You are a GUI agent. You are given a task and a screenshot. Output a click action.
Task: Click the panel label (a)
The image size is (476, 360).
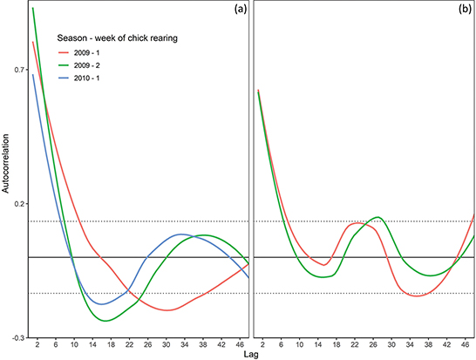pos(235,11)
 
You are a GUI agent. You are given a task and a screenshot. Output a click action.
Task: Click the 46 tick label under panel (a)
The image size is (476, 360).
pos(240,344)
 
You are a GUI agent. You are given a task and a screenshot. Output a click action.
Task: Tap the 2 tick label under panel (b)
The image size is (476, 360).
pos(262,344)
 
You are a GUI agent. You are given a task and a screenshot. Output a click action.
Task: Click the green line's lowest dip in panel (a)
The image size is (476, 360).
pos(105,321)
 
